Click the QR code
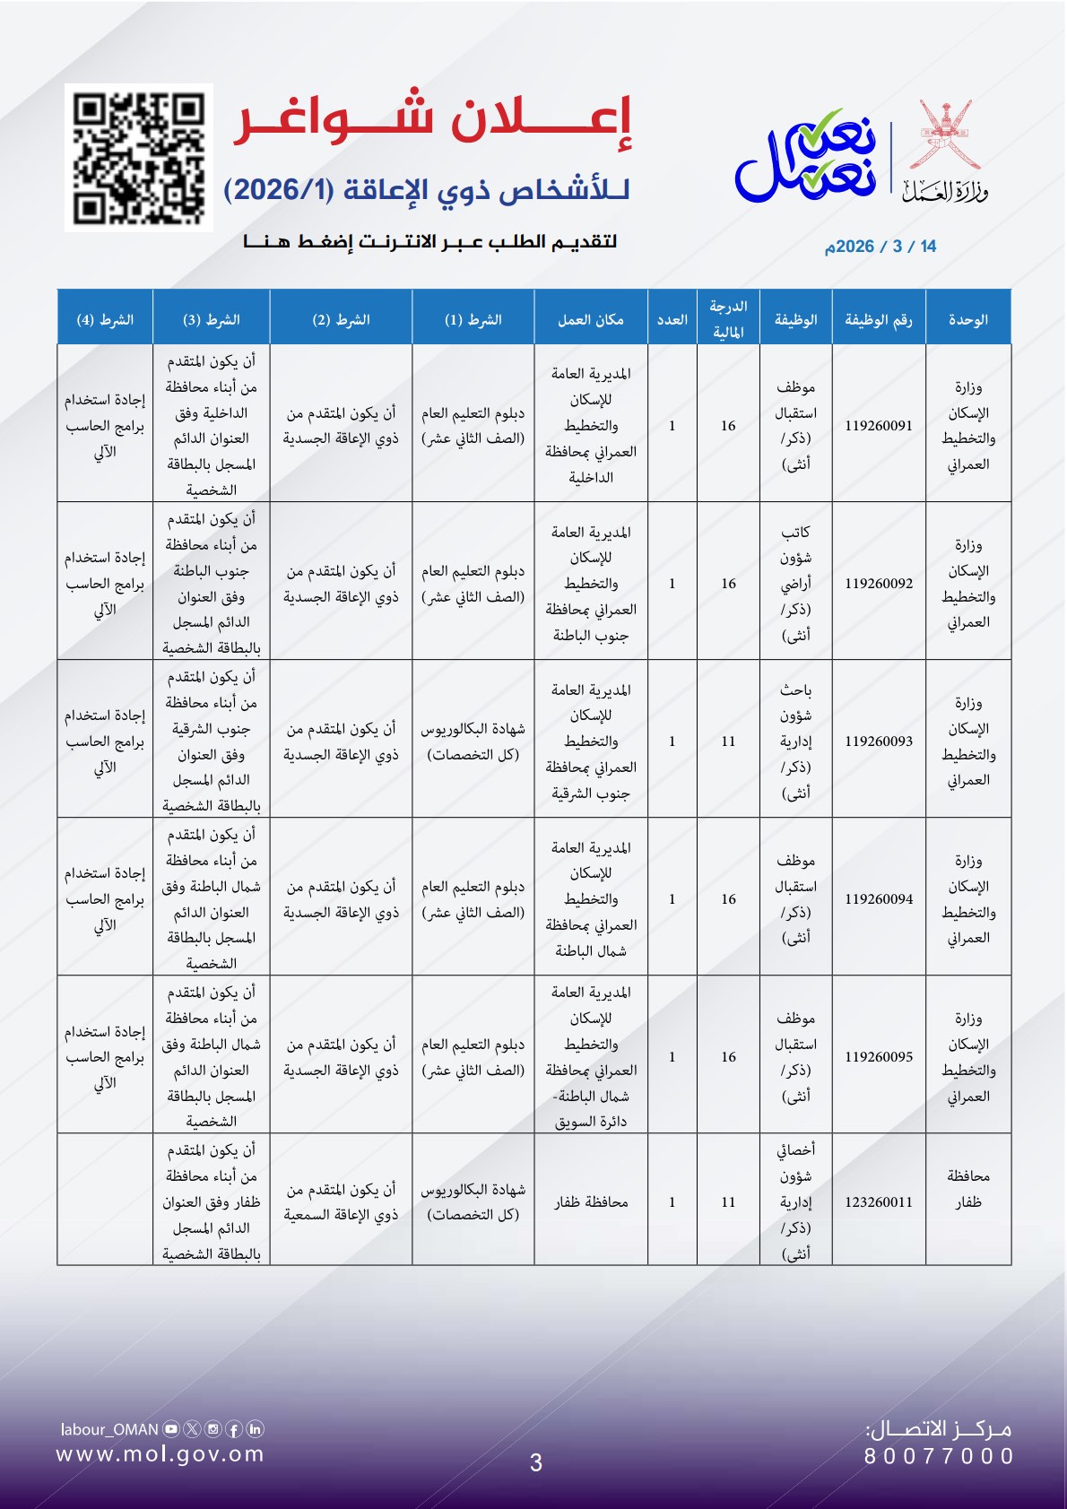tap(139, 158)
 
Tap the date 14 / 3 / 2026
tap(880, 247)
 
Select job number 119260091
tap(878, 426)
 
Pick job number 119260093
tap(878, 741)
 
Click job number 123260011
tap(878, 1202)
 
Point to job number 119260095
tap(878, 1057)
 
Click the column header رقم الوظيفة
tap(878, 320)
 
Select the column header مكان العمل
tap(590, 320)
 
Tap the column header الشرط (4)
tap(105, 320)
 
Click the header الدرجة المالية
tap(727, 319)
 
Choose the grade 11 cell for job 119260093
tap(727, 741)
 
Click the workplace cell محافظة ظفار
tap(590, 1202)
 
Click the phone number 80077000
tap(939, 1456)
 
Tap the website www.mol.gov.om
tap(160, 1454)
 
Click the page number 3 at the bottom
tap(535, 1463)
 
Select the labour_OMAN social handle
tap(109, 1429)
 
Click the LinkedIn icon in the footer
tap(255, 1429)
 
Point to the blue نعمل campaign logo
tap(805, 156)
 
